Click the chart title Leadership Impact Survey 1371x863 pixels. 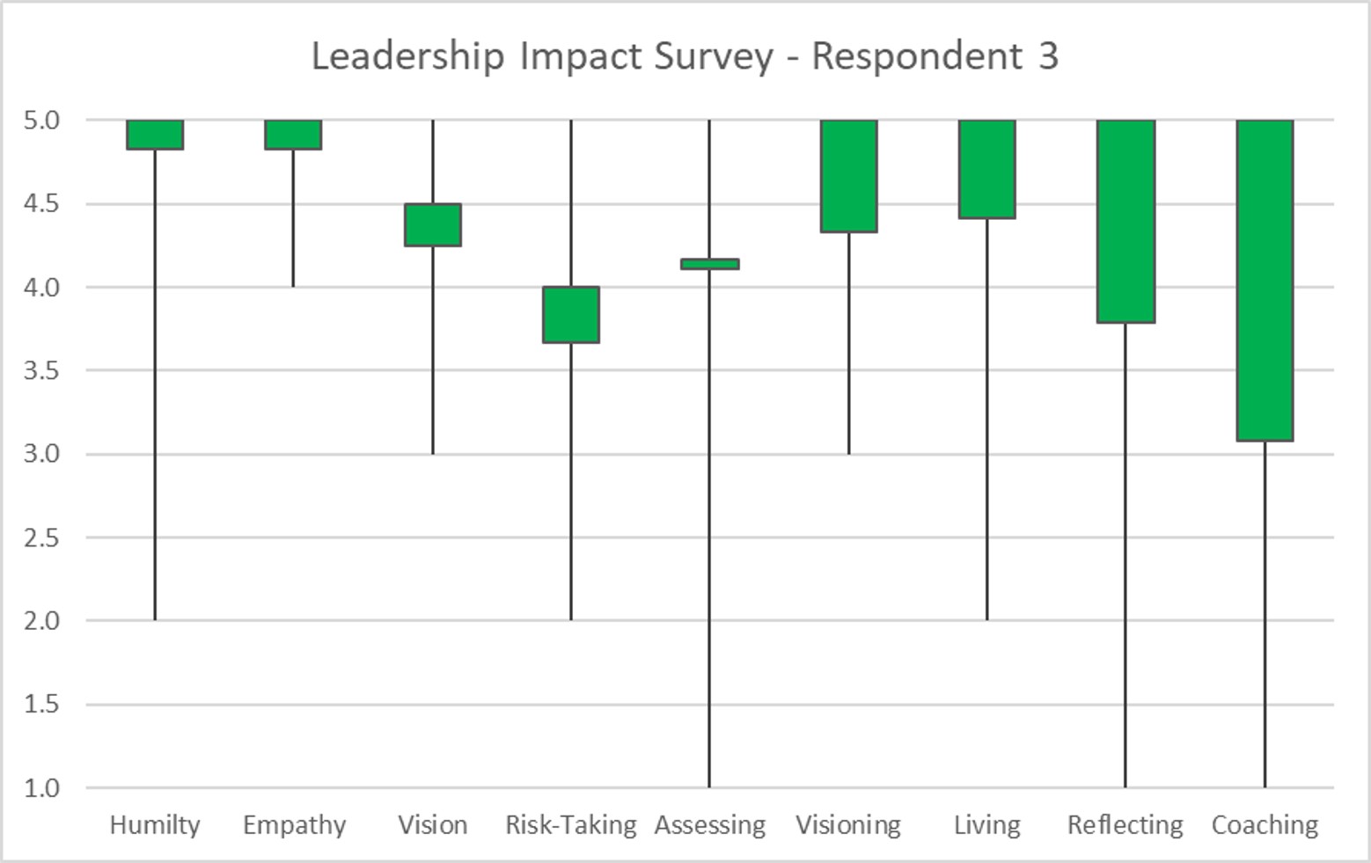point(685,56)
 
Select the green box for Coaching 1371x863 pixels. point(1265,280)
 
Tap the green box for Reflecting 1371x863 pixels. point(1125,221)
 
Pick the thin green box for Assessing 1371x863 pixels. point(710,264)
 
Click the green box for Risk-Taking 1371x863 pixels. point(571,314)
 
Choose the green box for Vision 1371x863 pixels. point(433,225)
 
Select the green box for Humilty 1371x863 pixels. point(155,135)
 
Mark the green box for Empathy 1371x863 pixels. point(294,135)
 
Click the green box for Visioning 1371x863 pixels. point(848,176)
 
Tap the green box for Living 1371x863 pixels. point(987,169)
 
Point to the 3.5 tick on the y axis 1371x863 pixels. point(41,370)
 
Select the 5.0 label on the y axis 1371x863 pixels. point(41,120)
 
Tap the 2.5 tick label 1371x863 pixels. point(41,538)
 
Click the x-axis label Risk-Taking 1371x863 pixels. point(571,825)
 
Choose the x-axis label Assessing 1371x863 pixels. point(710,825)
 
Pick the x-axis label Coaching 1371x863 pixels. point(1265,825)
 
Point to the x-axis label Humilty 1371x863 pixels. point(155,825)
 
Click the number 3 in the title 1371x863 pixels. point(1047,56)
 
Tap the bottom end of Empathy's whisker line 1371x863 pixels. point(294,286)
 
